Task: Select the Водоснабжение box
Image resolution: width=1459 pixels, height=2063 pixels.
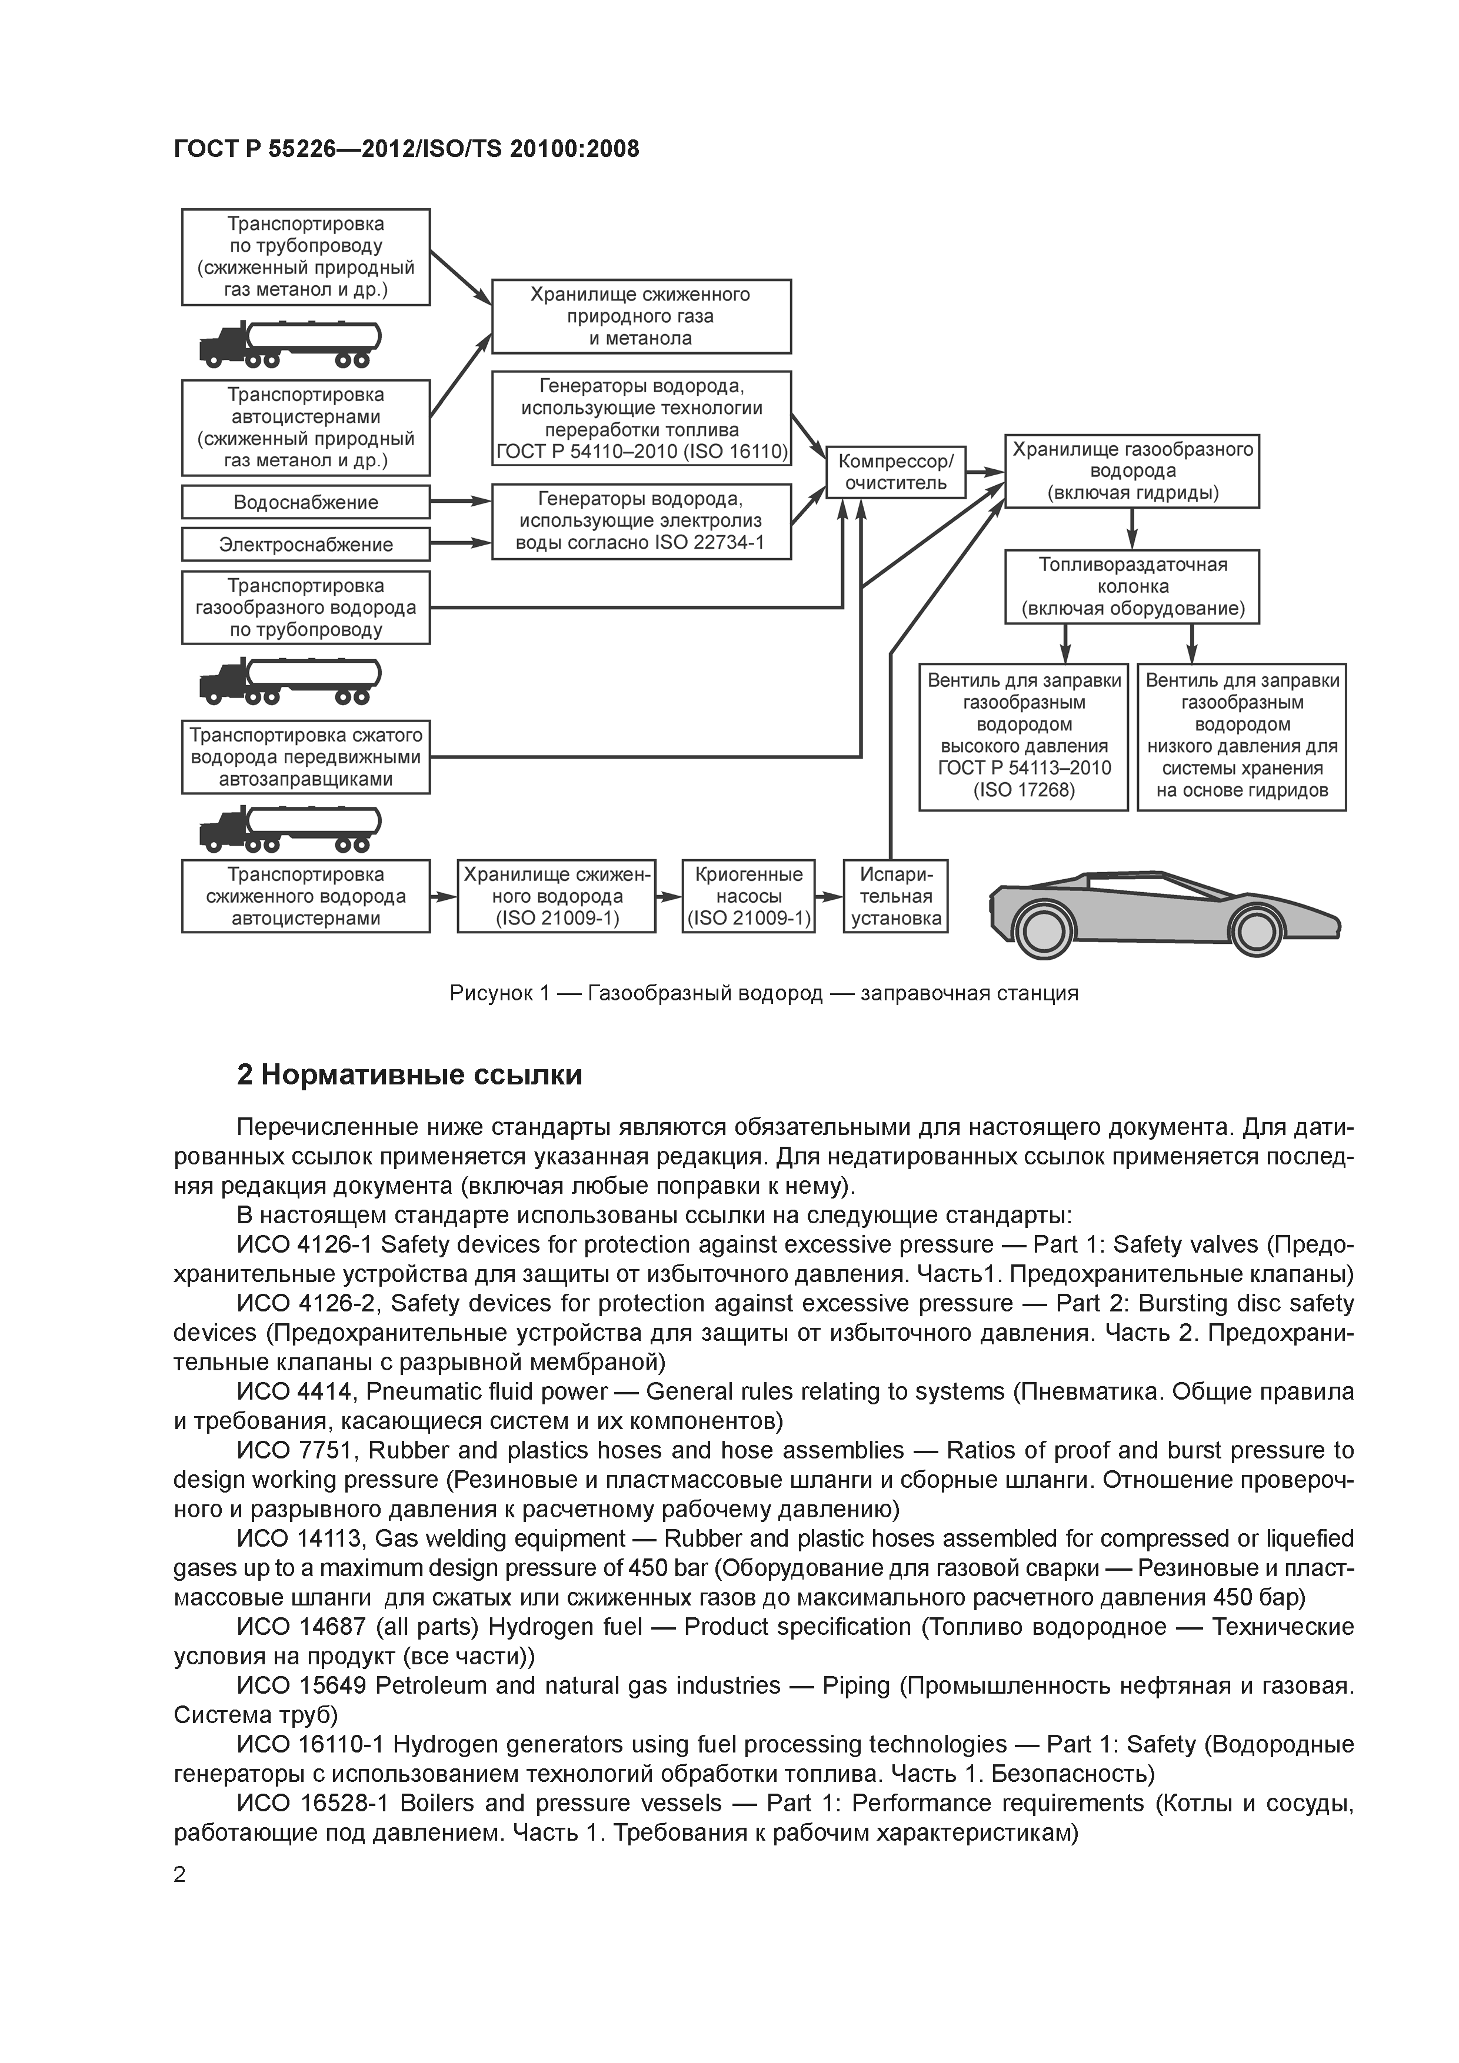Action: pyautogui.click(x=306, y=502)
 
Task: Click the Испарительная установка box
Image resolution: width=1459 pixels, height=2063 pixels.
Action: pyautogui.click(x=895, y=896)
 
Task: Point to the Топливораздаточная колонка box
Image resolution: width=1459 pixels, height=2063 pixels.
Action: pyautogui.click(x=1132, y=587)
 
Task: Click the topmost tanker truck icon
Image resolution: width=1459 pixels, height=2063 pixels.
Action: pyautogui.click(x=289, y=343)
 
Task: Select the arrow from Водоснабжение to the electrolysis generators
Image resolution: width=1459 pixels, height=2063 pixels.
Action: pyautogui.click(x=460, y=502)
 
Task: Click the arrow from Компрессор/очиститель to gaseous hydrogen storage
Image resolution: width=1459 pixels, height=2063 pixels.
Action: pyautogui.click(x=985, y=472)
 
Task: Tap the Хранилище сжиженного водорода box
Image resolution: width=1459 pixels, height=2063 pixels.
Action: pyautogui.click(x=557, y=896)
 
